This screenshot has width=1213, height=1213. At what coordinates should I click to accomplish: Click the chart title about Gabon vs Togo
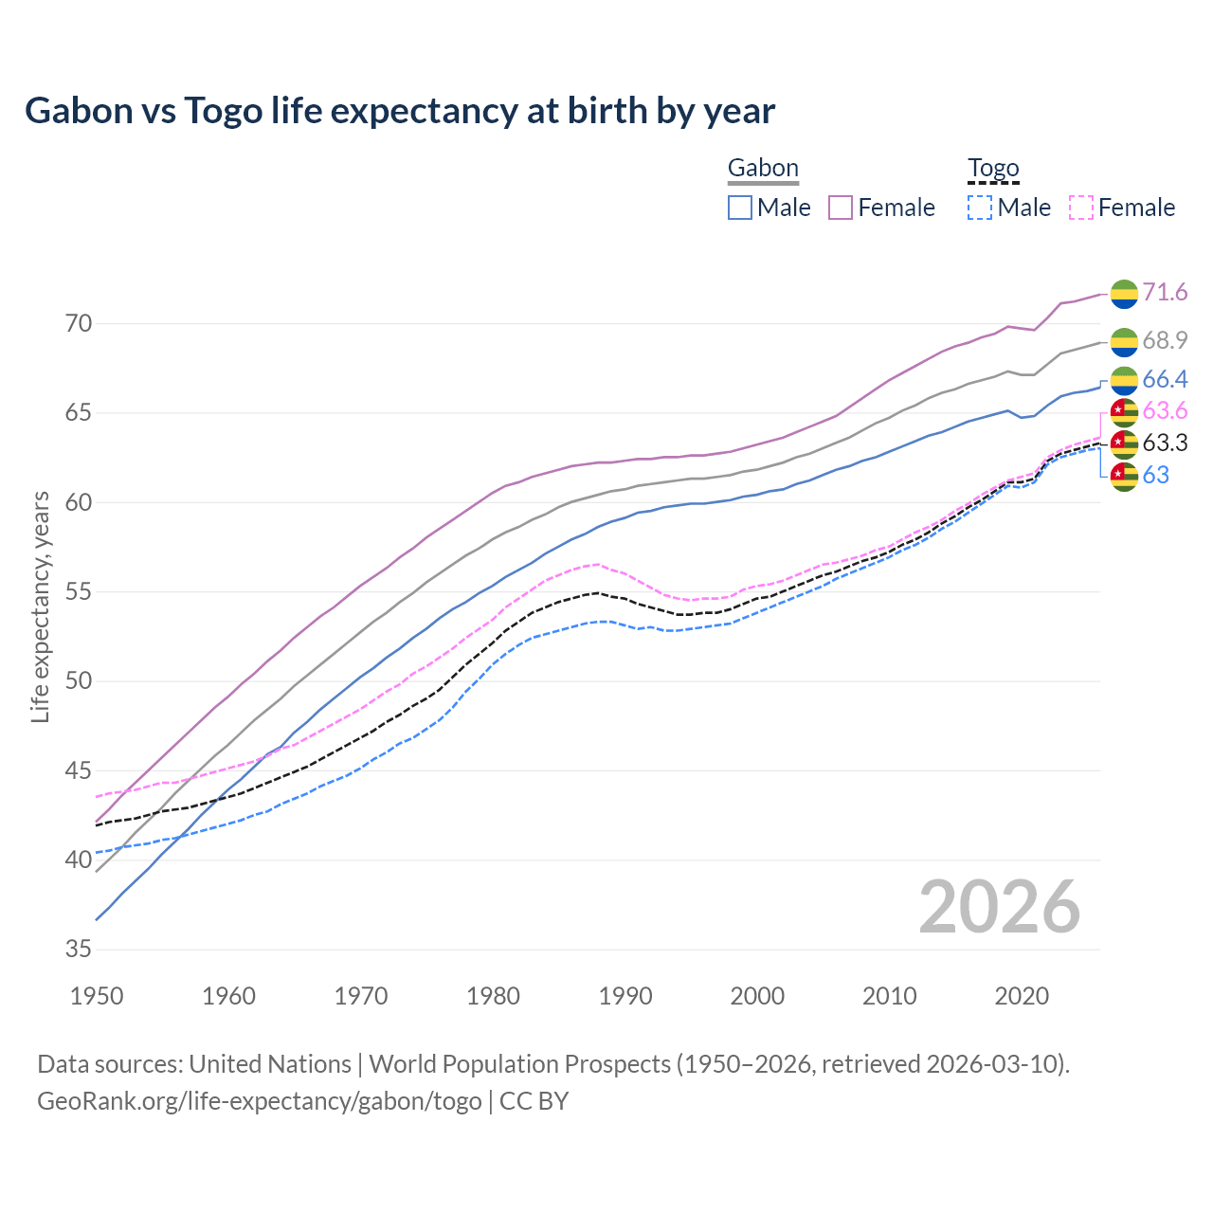pos(400,111)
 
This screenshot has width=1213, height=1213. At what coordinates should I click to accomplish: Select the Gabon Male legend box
pos(740,208)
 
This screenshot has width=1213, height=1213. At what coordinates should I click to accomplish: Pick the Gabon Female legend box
pos(841,208)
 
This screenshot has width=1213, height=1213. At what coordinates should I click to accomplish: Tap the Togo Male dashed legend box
pos(980,208)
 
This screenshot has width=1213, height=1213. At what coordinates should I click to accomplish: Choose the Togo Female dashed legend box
pos(1080,208)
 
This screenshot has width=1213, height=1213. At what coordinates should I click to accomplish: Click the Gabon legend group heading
pos(763,169)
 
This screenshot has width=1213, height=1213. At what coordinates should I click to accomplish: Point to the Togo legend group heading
pos(993,169)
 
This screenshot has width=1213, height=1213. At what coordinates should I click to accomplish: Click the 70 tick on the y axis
pos(79,324)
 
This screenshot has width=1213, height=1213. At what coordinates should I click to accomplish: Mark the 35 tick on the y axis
pos(79,950)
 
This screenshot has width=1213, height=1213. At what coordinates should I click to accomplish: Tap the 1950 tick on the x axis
pos(97,996)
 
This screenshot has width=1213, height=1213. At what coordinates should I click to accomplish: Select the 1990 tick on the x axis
pos(625,996)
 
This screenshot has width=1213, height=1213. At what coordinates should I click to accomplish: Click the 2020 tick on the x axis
pos(1022,996)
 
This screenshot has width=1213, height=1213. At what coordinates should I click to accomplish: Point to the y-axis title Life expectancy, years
pos(41,606)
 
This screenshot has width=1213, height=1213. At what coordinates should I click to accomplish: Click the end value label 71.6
pos(1165,293)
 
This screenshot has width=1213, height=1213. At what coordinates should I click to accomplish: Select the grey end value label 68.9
pos(1165,340)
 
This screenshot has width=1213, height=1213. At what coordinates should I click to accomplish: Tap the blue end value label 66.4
pos(1165,380)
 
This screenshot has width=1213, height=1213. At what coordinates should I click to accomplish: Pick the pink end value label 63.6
pos(1165,411)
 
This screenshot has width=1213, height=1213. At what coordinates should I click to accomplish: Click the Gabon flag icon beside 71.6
pos(1124,294)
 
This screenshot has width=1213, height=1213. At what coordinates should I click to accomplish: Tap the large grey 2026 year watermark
pos(1000,907)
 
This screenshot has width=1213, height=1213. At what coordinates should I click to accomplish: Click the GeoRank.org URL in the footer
pos(259,1101)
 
